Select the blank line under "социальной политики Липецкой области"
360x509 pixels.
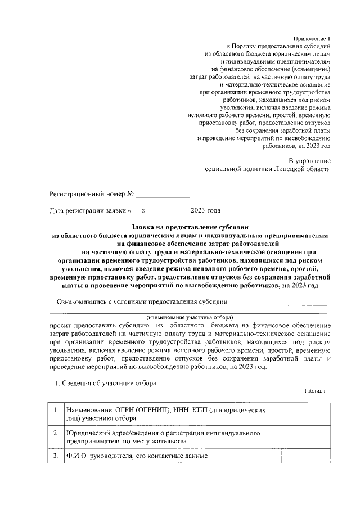tap(262, 179)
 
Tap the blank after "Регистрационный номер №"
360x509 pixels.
tap(163, 196)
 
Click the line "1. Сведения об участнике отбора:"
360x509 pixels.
tap(105, 384)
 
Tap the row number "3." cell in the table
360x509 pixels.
tap(56, 456)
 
